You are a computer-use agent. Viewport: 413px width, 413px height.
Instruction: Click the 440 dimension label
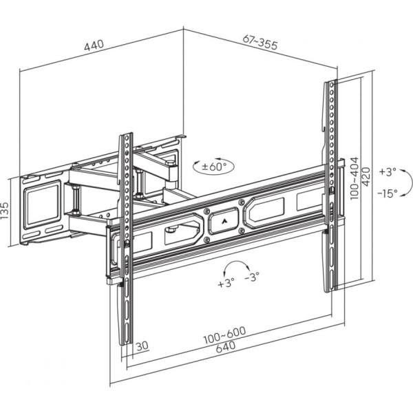pyautogui.click(x=94, y=45)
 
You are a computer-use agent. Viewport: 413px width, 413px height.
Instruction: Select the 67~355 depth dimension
pyautogui.click(x=260, y=42)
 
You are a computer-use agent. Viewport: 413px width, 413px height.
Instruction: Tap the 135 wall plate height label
pyautogui.click(x=5, y=211)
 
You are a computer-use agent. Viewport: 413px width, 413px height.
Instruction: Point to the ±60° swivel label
pyautogui.click(x=214, y=167)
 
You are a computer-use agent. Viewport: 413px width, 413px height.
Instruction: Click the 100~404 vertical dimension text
pyautogui.click(x=354, y=178)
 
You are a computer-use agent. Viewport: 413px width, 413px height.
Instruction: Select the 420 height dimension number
pyautogui.click(x=366, y=176)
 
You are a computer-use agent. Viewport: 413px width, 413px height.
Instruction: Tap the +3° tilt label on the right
pyautogui.click(x=388, y=171)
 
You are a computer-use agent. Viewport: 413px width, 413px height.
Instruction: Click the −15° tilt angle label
pyautogui.click(x=387, y=193)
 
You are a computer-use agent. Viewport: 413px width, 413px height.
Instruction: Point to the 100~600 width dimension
pyautogui.click(x=224, y=335)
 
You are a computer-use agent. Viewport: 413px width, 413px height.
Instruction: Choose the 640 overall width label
pyautogui.click(x=226, y=347)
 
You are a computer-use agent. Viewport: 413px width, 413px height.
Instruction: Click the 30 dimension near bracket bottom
pyautogui.click(x=142, y=346)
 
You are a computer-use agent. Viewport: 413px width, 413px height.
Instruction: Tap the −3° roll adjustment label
pyautogui.click(x=252, y=277)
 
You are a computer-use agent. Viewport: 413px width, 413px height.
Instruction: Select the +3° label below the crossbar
pyautogui.click(x=226, y=283)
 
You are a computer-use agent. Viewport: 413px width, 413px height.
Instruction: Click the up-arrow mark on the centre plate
pyautogui.click(x=224, y=221)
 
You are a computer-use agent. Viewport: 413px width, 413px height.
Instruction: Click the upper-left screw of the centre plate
pyautogui.click(x=207, y=211)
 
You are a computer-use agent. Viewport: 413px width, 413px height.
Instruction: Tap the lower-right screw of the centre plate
pyautogui.click(x=242, y=231)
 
